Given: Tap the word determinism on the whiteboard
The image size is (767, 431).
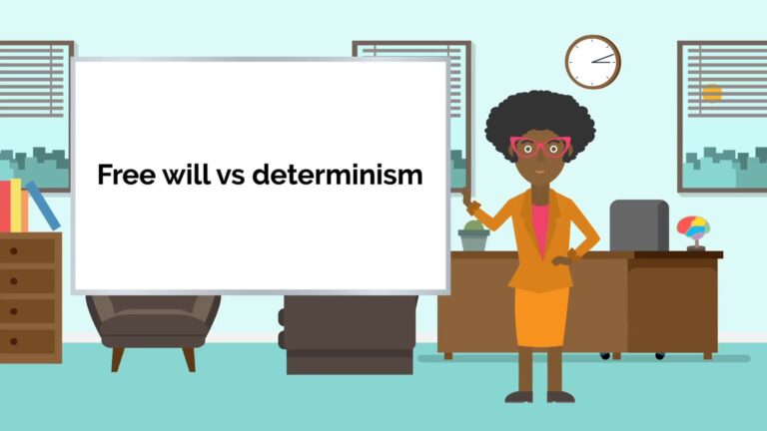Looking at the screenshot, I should click(338, 176).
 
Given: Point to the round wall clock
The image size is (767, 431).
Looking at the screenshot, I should click(592, 61).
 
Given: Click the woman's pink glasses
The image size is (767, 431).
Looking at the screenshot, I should click(539, 148).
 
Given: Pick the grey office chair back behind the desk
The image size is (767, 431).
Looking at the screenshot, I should click(639, 224).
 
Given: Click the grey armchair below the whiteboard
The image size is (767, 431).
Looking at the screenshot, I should click(153, 324).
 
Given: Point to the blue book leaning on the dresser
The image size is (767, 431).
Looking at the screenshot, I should click(43, 206).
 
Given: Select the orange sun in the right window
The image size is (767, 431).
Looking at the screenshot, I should click(711, 94).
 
